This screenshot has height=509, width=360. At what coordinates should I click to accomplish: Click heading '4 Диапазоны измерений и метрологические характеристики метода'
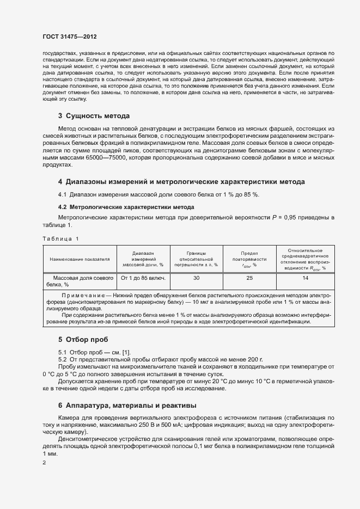tap(181, 181)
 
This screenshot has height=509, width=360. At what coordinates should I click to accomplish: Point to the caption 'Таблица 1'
tap(60, 239)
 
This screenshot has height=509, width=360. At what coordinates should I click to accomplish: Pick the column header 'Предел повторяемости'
tap(249, 259)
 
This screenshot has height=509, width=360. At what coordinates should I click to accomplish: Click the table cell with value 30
tap(196, 278)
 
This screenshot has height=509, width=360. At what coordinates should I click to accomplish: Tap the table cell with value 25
tap(249, 278)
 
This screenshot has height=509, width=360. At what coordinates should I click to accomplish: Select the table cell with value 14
tap(305, 278)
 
